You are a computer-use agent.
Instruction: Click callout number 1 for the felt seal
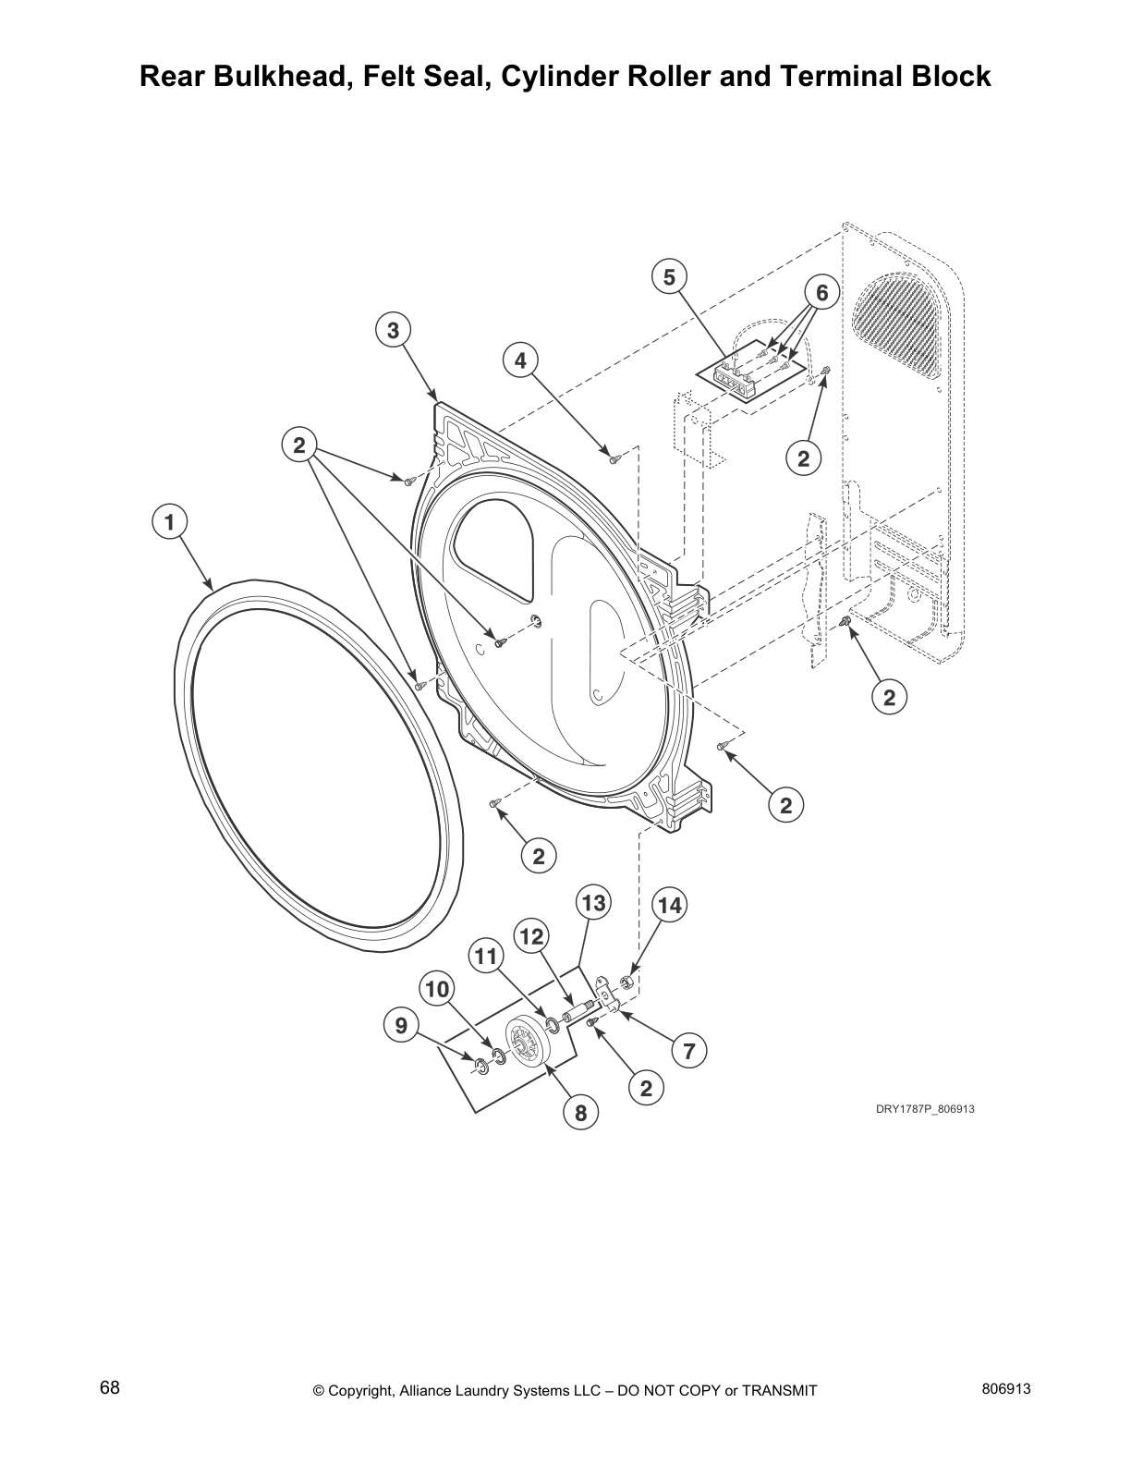(x=168, y=522)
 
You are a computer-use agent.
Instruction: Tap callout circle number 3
(x=393, y=330)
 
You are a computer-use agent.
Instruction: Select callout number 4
(x=520, y=360)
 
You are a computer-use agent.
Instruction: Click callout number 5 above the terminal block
(x=669, y=276)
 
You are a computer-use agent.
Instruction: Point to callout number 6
(x=821, y=292)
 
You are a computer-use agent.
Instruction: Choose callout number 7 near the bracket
(x=688, y=1050)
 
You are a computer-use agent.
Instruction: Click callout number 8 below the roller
(x=580, y=1113)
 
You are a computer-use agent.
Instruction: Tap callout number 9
(x=400, y=1026)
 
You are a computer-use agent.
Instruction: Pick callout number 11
(x=486, y=957)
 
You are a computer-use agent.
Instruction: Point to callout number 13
(x=593, y=902)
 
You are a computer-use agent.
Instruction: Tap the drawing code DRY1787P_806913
(x=925, y=1109)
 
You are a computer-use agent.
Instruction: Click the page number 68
(x=109, y=1389)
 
